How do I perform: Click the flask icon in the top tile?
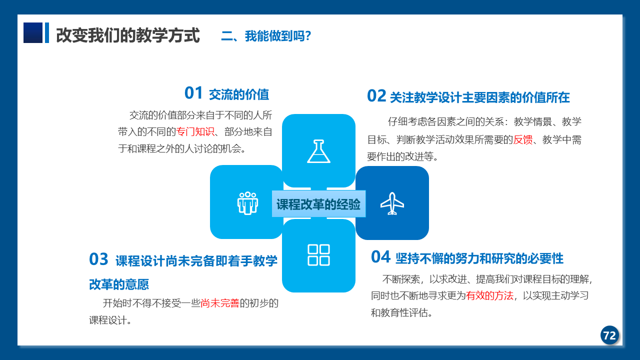click(318, 151)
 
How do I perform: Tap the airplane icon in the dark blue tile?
click(392, 203)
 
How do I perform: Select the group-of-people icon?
click(247, 203)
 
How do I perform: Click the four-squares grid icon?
click(318, 255)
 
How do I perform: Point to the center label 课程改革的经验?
click(318, 204)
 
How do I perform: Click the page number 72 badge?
click(609, 335)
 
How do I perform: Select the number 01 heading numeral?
click(193, 93)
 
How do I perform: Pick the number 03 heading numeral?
click(98, 259)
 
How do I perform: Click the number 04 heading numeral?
click(380, 257)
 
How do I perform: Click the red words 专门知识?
click(195, 131)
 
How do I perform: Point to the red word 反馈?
click(523, 139)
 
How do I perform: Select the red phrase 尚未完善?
click(219, 303)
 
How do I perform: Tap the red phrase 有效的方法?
click(489, 295)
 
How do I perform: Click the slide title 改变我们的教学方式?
click(127, 35)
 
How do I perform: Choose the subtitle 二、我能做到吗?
click(266, 36)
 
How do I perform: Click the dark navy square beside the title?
click(33, 32)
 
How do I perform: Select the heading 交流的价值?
click(239, 94)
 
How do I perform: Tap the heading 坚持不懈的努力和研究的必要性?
click(479, 258)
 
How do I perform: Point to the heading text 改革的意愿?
click(119, 284)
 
